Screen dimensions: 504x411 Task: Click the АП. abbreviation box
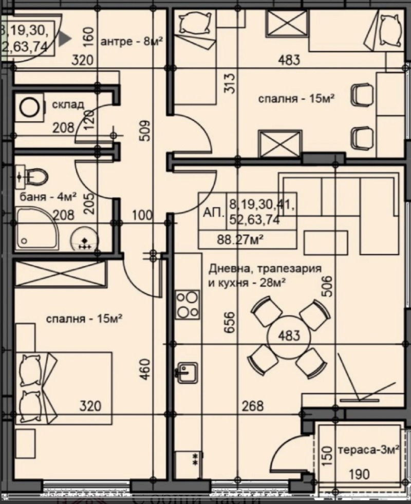tap(213, 212)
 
